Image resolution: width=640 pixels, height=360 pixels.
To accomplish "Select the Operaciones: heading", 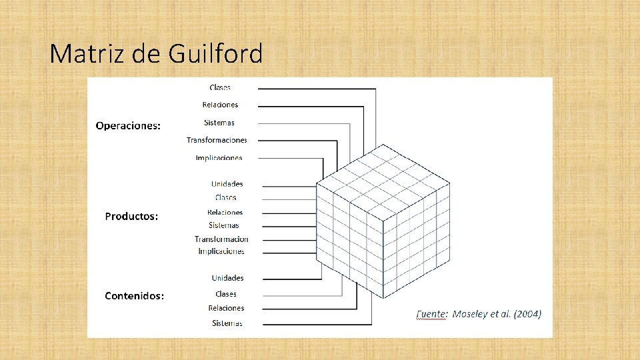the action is pyautogui.click(x=128, y=125).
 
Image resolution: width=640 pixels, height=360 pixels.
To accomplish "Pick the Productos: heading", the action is pyautogui.click(x=131, y=216).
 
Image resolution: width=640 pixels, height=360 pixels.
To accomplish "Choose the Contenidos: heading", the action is pyautogui.click(x=134, y=296).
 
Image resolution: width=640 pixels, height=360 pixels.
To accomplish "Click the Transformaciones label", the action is pyautogui.click(x=217, y=140).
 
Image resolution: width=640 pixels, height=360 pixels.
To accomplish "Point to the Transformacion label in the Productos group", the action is pyautogui.click(x=221, y=239).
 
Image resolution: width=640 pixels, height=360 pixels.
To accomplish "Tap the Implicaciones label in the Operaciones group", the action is pyautogui.click(x=219, y=158).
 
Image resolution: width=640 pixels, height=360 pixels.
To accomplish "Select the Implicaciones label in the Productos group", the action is pyautogui.click(x=221, y=251).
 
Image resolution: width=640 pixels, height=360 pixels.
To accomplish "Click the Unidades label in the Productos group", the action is pyautogui.click(x=227, y=184).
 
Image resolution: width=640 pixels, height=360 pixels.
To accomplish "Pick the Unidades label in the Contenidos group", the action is pyautogui.click(x=227, y=278).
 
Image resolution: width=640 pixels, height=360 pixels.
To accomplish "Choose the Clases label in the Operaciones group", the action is pyautogui.click(x=220, y=87).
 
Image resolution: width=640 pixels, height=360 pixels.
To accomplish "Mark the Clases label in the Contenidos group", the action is pyautogui.click(x=225, y=294).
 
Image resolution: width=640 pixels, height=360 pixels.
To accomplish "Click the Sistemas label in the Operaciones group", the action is pyautogui.click(x=219, y=123).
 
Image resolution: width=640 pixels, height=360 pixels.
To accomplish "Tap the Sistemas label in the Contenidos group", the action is pyautogui.click(x=227, y=323).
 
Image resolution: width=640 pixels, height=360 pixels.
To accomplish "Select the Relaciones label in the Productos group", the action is pyautogui.click(x=225, y=213).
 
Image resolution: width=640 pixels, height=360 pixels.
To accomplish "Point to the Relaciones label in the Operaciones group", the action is pyautogui.click(x=220, y=105).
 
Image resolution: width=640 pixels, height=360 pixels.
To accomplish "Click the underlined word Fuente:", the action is pyautogui.click(x=432, y=314).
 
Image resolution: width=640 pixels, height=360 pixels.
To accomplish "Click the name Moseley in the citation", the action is pyautogui.click(x=471, y=314).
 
